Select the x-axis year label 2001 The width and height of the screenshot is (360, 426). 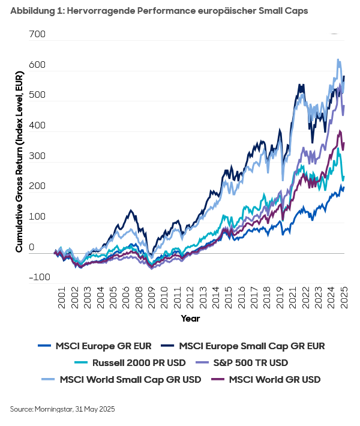[x=61, y=301]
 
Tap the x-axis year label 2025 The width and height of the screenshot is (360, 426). [x=345, y=301]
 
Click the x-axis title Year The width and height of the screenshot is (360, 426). [x=190, y=319]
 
